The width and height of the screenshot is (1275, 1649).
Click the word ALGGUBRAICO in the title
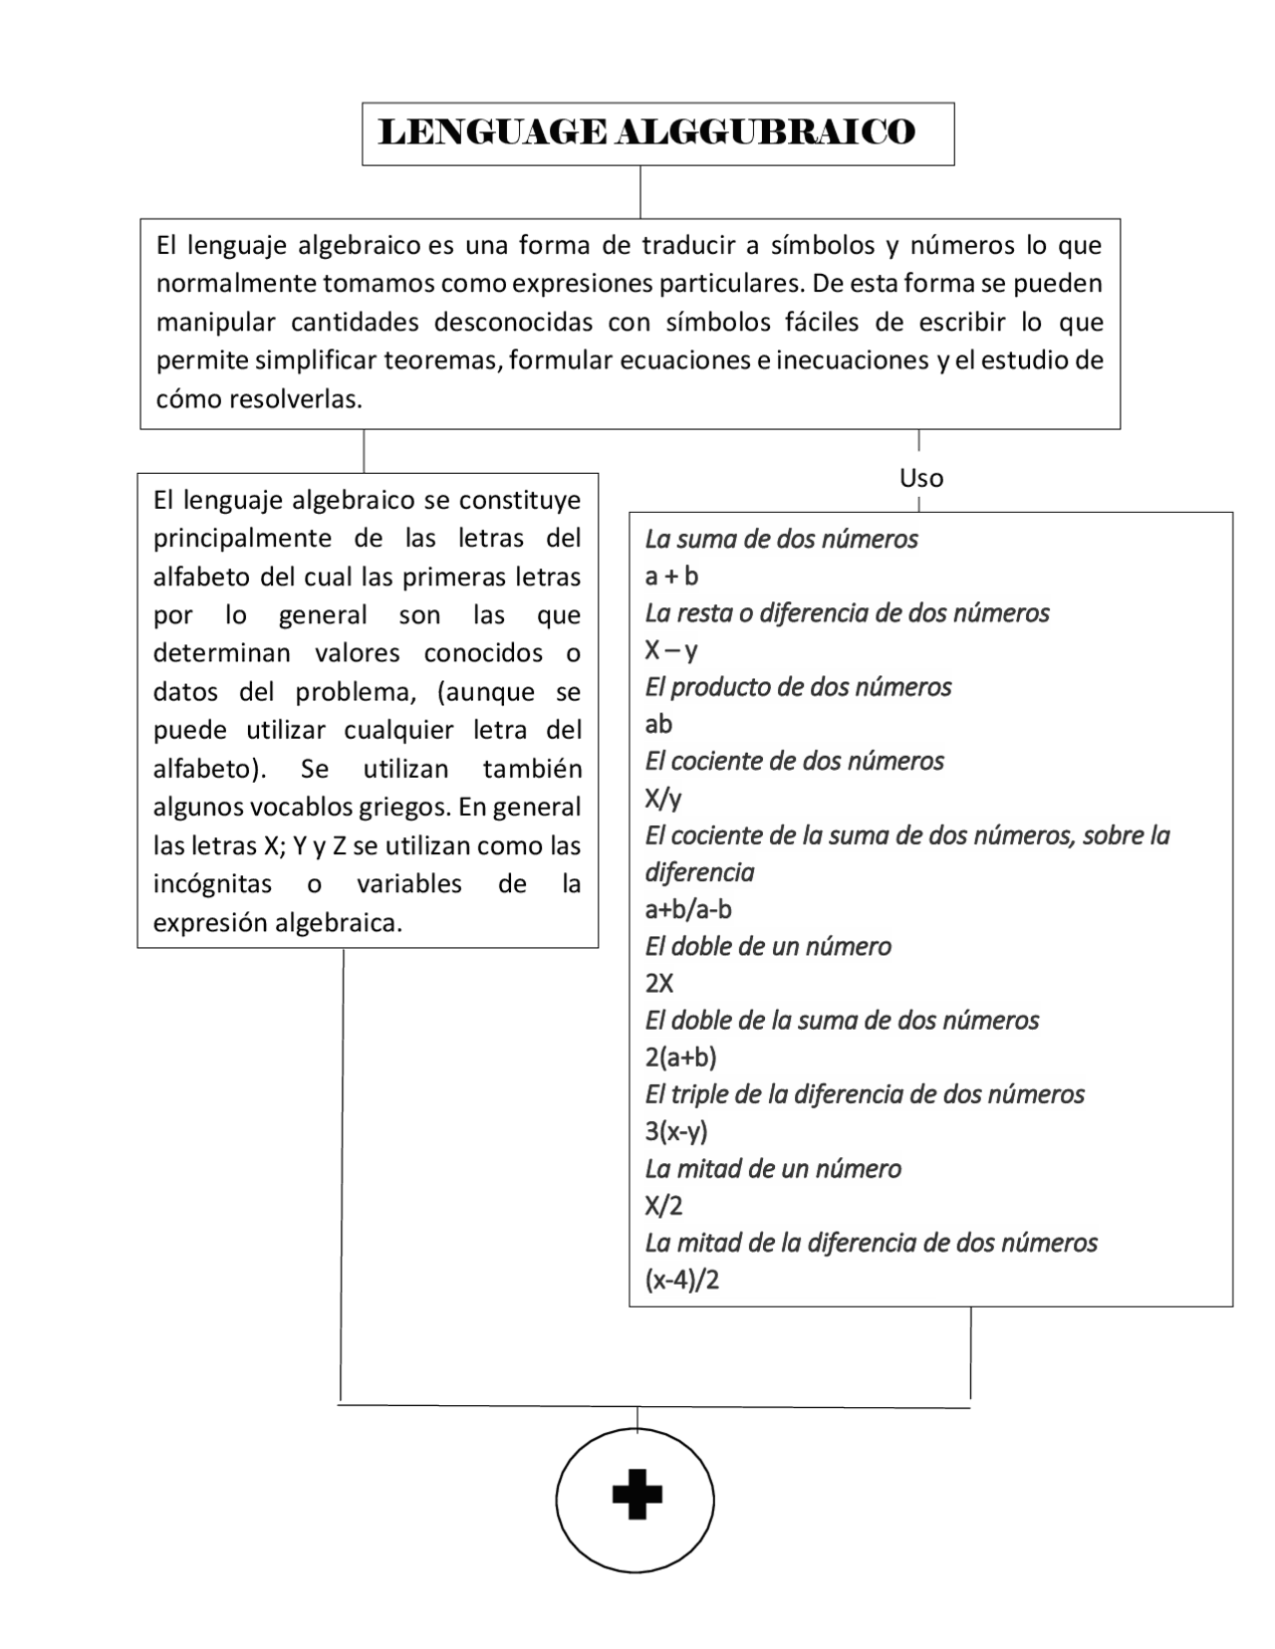(x=764, y=132)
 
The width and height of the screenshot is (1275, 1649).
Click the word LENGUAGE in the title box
(x=492, y=132)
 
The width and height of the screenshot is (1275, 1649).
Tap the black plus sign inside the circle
(x=637, y=1495)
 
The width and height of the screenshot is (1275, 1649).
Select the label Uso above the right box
(x=921, y=478)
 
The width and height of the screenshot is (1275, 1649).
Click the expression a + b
(x=671, y=577)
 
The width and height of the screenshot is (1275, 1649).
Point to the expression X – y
(x=671, y=651)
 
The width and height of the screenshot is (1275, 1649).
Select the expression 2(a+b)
(x=680, y=1058)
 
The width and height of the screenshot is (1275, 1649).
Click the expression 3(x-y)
(x=676, y=1132)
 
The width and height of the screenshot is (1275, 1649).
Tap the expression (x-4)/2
(x=682, y=1281)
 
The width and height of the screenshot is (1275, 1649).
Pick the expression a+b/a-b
(x=688, y=909)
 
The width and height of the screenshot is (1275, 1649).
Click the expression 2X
(x=659, y=984)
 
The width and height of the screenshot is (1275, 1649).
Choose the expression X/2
(x=663, y=1207)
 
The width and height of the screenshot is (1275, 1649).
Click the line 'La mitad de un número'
(x=773, y=1169)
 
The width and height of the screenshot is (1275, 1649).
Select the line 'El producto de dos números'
(x=798, y=687)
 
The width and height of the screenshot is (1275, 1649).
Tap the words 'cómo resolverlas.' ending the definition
(x=259, y=399)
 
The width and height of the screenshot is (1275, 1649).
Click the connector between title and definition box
(x=639, y=192)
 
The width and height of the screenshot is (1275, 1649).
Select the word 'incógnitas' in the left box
(x=212, y=884)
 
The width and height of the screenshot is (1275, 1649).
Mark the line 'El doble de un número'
(x=768, y=946)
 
